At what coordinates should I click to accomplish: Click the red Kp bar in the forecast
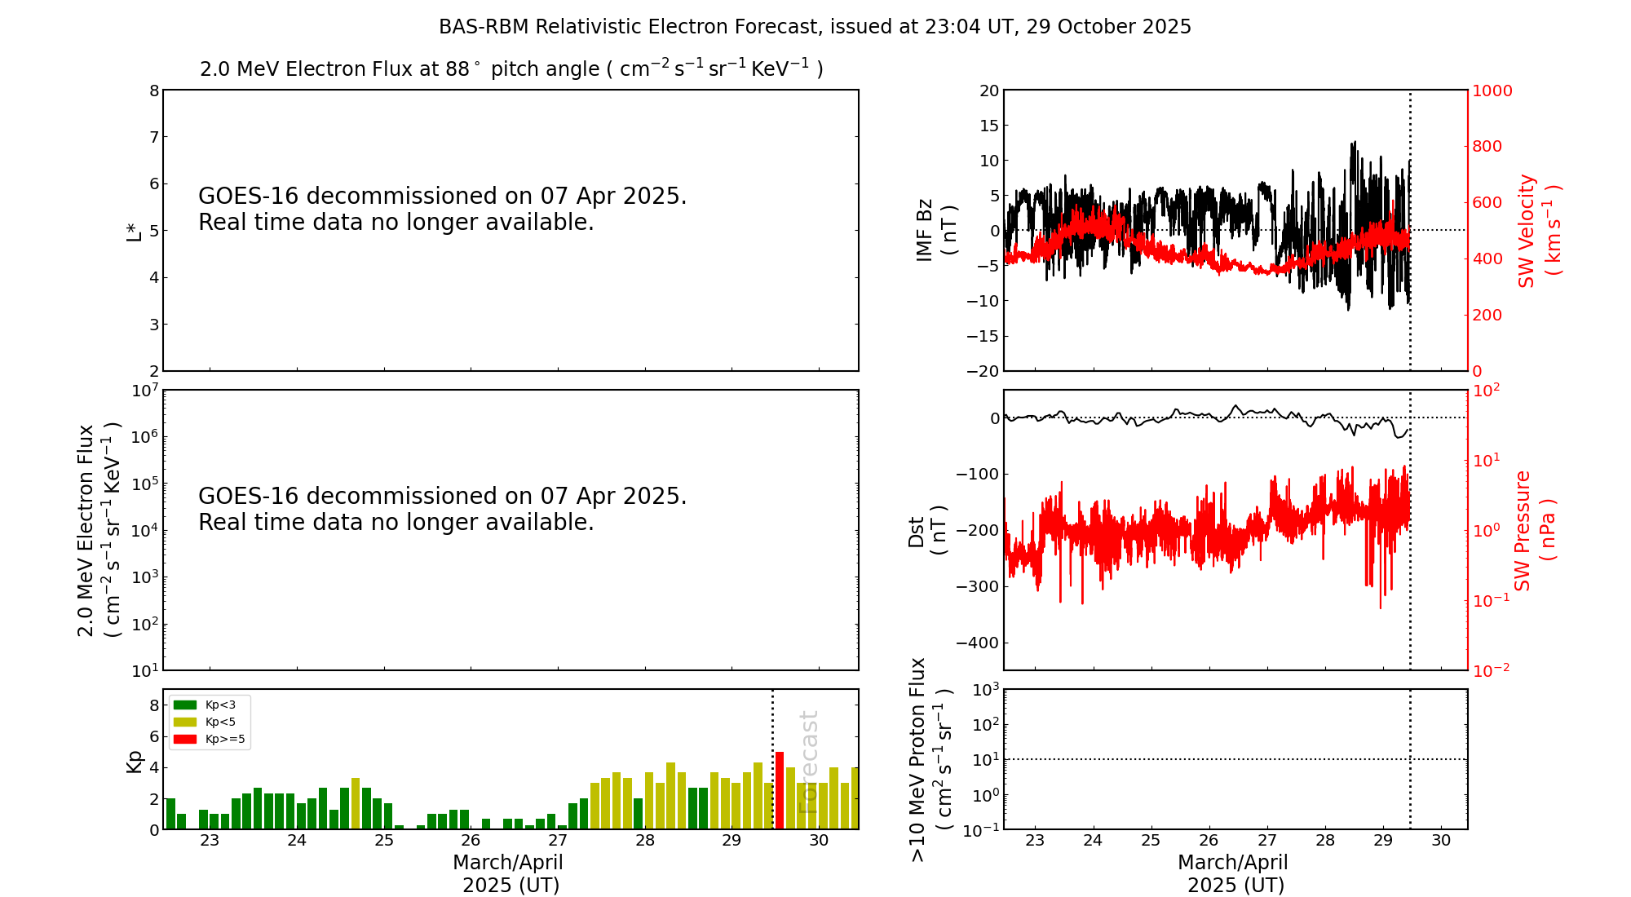pos(780,790)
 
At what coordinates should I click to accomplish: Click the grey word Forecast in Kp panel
pos(807,762)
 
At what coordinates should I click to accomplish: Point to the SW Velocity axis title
pos(1538,230)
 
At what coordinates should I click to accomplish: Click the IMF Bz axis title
pos(935,230)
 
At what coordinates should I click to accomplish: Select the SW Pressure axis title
pos(1533,530)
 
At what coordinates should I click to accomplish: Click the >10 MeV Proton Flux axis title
pos(930,759)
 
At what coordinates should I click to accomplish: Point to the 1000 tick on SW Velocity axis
pos(1492,91)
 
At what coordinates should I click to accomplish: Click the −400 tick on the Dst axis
pos(976,643)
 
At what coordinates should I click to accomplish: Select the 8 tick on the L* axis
pos(154,91)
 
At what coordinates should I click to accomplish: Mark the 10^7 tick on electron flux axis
pos(144,391)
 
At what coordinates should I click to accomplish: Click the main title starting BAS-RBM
pos(815,27)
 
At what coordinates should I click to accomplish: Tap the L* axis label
pos(134,231)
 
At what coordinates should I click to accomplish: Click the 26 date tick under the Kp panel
pos(471,841)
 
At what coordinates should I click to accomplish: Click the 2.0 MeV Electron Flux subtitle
pos(511,68)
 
